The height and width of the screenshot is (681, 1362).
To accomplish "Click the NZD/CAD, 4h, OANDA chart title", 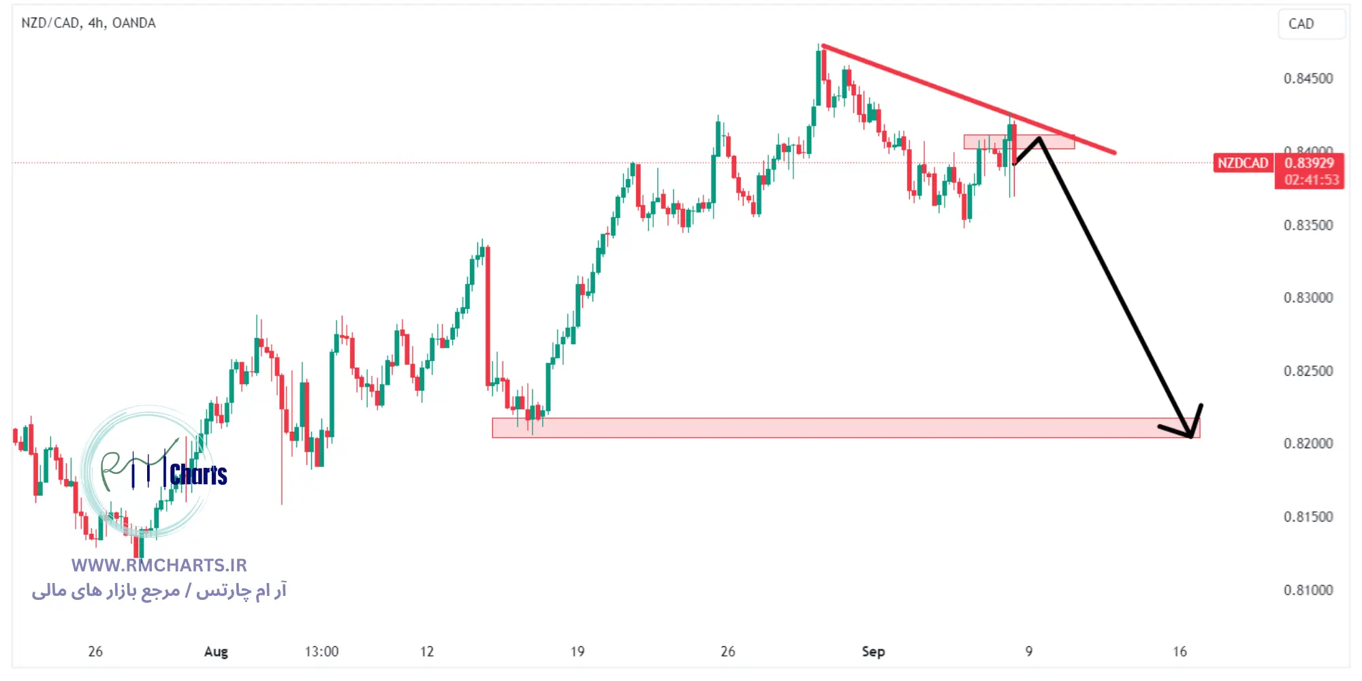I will [89, 23].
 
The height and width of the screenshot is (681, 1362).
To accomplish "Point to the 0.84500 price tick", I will [1308, 78].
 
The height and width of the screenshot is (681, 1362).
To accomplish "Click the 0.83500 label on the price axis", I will [1308, 225].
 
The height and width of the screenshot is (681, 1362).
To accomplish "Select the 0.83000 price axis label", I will [1308, 298].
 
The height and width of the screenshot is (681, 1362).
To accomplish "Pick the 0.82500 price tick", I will [1308, 371].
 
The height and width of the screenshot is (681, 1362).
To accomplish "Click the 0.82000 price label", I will [1308, 443].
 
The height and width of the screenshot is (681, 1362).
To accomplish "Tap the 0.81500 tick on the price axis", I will [1308, 517].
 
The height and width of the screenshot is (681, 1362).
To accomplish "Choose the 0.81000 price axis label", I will [1308, 590].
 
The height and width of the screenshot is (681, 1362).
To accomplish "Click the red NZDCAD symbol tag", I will [1243, 163].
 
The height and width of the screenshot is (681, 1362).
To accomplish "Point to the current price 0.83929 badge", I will [1309, 163].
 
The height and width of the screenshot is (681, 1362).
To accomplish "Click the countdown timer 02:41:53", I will [1311, 180].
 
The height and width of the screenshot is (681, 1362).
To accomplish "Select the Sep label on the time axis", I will [873, 652].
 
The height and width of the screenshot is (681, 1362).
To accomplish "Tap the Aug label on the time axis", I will [216, 652].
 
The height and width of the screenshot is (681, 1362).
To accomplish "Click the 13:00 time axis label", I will [321, 652].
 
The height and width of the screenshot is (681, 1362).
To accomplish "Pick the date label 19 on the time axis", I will [577, 652].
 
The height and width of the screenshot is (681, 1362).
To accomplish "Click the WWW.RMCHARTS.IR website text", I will [159, 565].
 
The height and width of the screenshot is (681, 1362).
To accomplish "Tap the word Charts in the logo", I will [198, 475].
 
